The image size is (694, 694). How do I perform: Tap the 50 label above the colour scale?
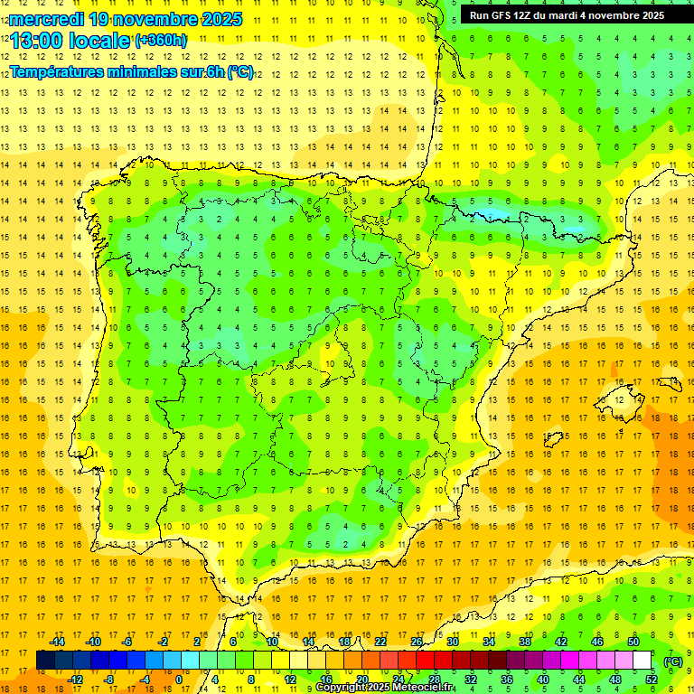pos(633,642)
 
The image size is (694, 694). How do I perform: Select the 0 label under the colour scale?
pos(179,680)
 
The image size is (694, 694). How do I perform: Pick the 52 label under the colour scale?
pos(652,680)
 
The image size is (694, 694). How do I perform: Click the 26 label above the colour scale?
pos(417,642)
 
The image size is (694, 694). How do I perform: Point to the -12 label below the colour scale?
pos(75,680)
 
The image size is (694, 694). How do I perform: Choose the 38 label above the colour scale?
pos(525,642)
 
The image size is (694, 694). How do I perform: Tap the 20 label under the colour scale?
pos(361,680)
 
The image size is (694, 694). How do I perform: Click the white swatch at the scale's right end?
pos(642,661)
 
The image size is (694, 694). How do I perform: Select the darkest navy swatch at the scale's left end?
pos(45,661)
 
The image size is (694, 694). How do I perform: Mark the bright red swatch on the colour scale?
pos(426,661)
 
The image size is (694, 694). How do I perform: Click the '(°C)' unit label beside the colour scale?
pos(672,661)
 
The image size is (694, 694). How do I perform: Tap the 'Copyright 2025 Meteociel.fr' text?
pos(384,688)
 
